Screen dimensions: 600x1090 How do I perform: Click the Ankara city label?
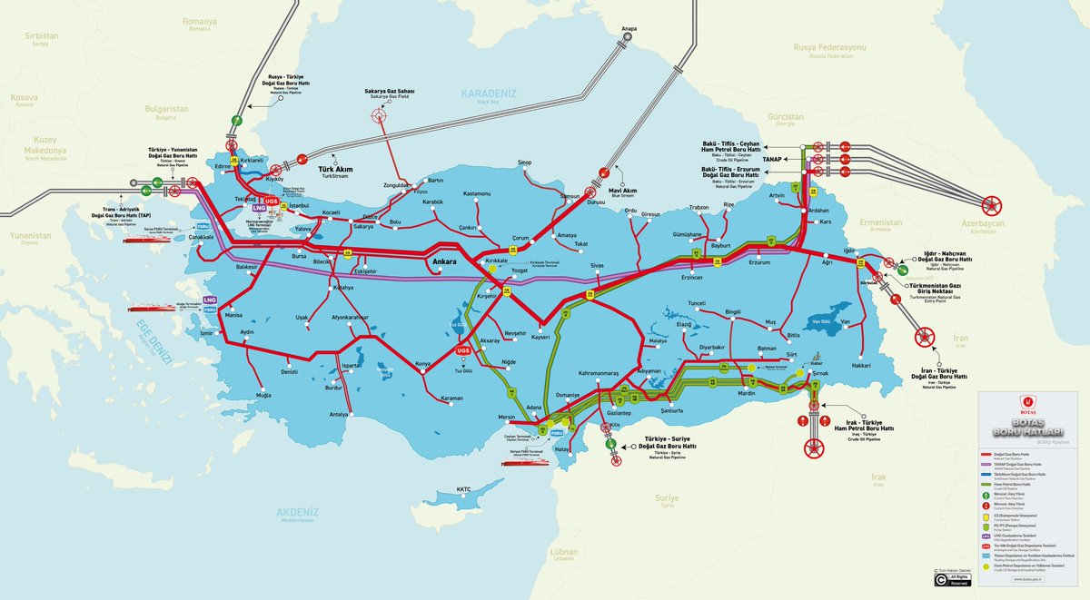point(443,262)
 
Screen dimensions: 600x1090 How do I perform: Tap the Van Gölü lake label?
point(821,320)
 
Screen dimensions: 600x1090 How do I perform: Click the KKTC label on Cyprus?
point(464,489)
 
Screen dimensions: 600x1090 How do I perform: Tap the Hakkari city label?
point(860,365)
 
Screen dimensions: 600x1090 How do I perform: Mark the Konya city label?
point(422,364)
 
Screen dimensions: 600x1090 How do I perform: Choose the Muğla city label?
point(263,396)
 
